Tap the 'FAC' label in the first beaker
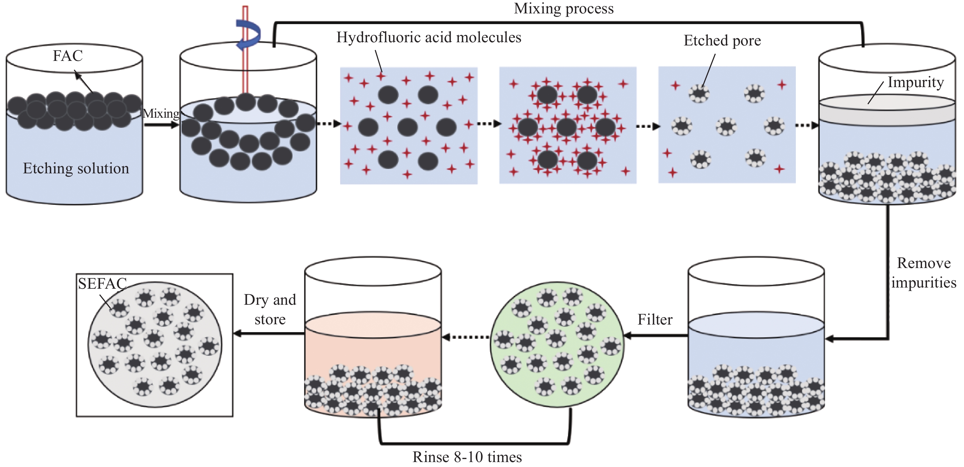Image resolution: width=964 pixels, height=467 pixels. point(67,56)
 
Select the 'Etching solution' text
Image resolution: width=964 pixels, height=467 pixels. point(76,168)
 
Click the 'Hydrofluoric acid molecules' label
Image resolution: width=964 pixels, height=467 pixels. point(429,37)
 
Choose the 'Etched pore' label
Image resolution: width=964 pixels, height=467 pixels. point(722,40)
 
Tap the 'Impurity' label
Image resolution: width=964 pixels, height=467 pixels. point(915,82)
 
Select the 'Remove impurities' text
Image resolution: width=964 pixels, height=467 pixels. point(923,273)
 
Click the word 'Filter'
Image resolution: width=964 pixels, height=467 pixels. point(655,320)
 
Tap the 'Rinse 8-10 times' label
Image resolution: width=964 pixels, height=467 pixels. point(467,457)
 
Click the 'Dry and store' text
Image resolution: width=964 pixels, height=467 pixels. point(270,310)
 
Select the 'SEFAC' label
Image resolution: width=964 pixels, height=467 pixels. point(102,284)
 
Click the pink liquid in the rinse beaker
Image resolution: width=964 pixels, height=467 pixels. point(373,344)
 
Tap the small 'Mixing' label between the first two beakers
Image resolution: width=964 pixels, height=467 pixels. point(161,114)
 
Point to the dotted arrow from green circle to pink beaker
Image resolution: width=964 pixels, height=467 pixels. point(466,337)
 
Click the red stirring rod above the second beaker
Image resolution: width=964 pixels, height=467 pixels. point(245,49)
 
